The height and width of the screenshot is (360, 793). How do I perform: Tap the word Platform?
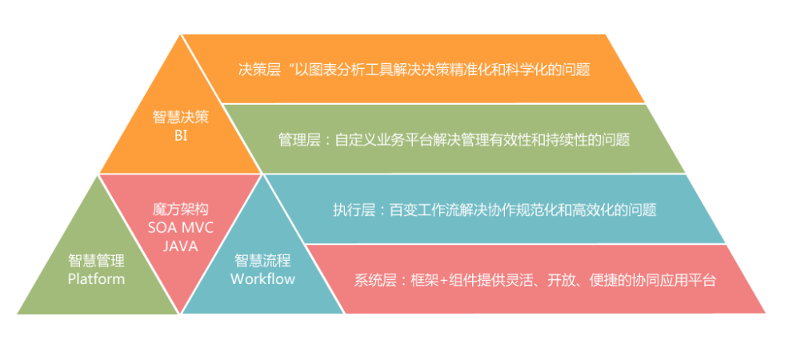pos(96,279)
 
